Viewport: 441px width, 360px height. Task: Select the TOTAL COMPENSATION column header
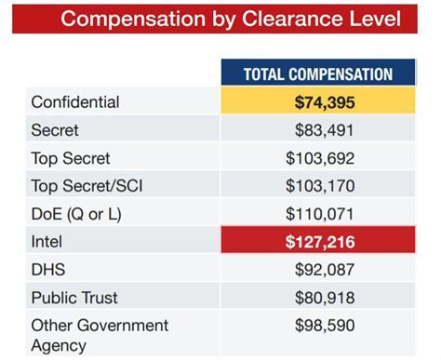click(317, 74)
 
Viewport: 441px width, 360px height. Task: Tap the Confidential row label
click(74, 102)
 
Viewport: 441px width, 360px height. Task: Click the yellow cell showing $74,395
click(317, 102)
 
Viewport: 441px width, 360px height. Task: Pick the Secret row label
click(55, 130)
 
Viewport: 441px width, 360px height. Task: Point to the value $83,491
click(325, 130)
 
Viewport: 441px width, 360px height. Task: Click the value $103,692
click(321, 158)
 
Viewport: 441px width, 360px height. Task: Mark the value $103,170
click(321, 185)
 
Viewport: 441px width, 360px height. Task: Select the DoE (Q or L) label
click(76, 213)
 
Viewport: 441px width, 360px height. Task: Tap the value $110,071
click(321, 213)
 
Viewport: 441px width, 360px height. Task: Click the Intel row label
click(47, 242)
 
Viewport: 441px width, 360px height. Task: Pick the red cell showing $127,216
click(317, 242)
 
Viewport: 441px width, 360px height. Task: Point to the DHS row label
click(48, 270)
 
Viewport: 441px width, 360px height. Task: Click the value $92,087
click(325, 270)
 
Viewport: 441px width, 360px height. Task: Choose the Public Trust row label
click(73, 298)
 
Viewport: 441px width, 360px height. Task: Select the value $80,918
click(325, 298)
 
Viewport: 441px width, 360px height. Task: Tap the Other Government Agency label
click(100, 334)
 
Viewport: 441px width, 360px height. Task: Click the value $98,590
click(325, 326)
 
